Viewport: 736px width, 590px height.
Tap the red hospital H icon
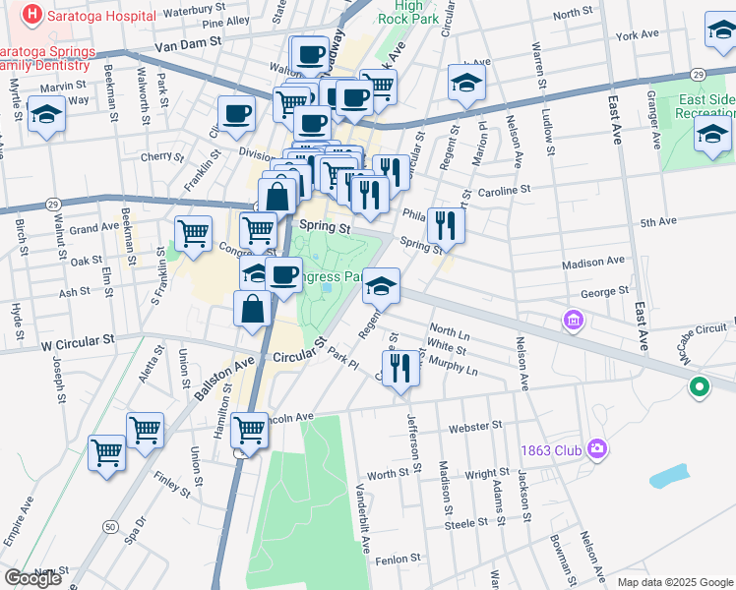(x=32, y=16)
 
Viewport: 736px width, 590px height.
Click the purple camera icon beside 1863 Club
(x=597, y=449)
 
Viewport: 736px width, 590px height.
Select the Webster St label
(x=475, y=427)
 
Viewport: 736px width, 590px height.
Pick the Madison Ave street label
(x=593, y=262)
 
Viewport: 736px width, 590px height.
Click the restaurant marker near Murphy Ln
(x=399, y=369)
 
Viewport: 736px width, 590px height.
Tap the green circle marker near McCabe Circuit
(x=700, y=387)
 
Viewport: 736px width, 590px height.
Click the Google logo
(x=33, y=578)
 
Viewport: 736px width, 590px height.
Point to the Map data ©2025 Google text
(x=674, y=582)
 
